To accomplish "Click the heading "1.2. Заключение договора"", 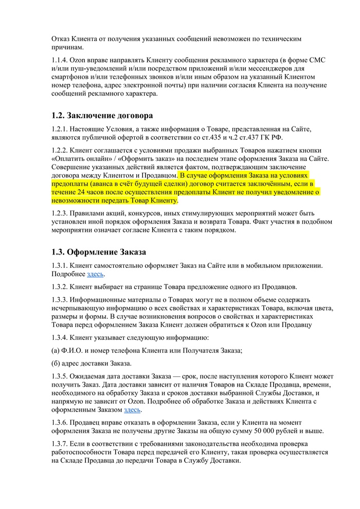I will (x=102, y=115).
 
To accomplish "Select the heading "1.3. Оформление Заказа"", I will (x=99, y=252).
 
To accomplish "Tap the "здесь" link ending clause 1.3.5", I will (x=132, y=410).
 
